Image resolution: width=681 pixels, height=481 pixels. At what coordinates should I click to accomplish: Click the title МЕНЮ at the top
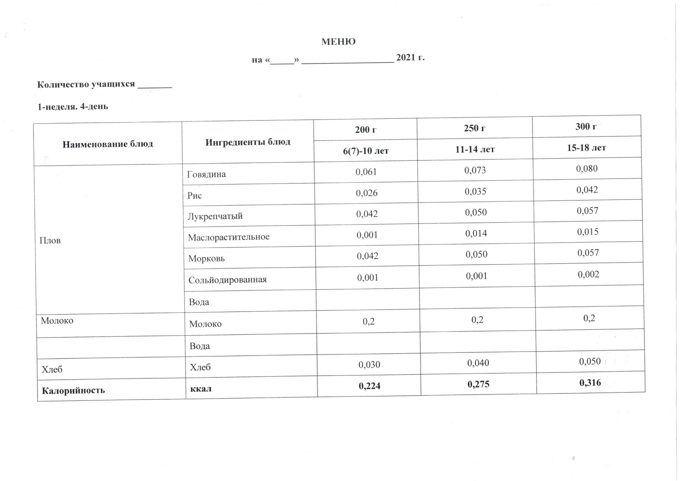(338, 42)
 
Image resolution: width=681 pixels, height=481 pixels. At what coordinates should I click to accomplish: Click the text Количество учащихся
(86, 85)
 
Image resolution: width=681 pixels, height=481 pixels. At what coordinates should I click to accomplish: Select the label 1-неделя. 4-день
(73, 106)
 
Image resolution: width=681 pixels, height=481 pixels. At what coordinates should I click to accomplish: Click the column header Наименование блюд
(108, 144)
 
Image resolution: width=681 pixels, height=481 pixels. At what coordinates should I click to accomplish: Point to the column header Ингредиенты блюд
(248, 142)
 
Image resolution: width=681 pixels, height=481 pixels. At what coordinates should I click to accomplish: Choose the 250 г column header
(475, 128)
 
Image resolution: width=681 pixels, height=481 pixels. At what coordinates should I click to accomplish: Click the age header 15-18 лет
(586, 147)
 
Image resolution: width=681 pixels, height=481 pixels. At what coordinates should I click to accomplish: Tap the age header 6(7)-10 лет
(366, 151)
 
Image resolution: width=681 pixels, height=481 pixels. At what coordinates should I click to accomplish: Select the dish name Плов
(50, 240)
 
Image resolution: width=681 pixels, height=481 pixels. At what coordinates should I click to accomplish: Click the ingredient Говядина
(206, 174)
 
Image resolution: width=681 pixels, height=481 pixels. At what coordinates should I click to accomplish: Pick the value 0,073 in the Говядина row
(475, 170)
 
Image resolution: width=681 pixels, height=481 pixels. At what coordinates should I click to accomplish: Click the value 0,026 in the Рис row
(367, 193)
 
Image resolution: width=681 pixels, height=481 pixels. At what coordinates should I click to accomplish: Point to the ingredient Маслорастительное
(229, 237)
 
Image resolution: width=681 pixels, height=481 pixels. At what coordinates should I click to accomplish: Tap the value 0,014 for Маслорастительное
(476, 234)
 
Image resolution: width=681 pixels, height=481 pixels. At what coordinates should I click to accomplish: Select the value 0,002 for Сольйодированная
(588, 275)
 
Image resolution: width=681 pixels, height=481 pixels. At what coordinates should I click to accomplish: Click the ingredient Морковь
(206, 258)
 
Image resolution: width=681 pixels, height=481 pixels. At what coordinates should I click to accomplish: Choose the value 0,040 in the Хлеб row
(478, 363)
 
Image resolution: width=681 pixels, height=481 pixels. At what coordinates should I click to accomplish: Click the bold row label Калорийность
(73, 390)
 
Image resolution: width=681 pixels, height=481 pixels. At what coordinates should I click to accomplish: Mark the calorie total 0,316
(590, 383)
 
